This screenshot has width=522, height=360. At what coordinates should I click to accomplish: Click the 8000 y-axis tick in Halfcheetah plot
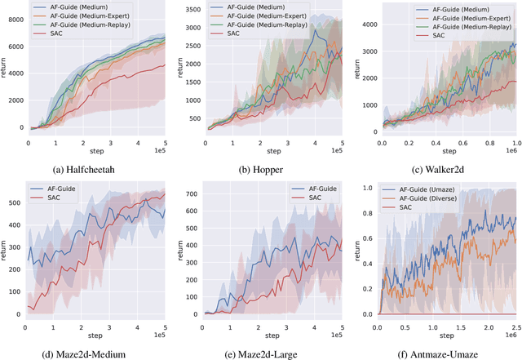pos(14,20)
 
